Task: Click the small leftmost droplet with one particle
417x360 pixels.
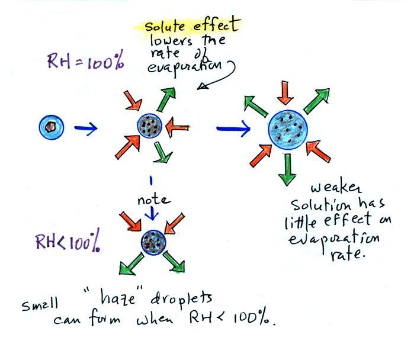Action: (x=51, y=126)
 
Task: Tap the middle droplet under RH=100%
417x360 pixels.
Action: (x=150, y=126)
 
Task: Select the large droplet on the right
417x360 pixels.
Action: (x=288, y=128)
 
